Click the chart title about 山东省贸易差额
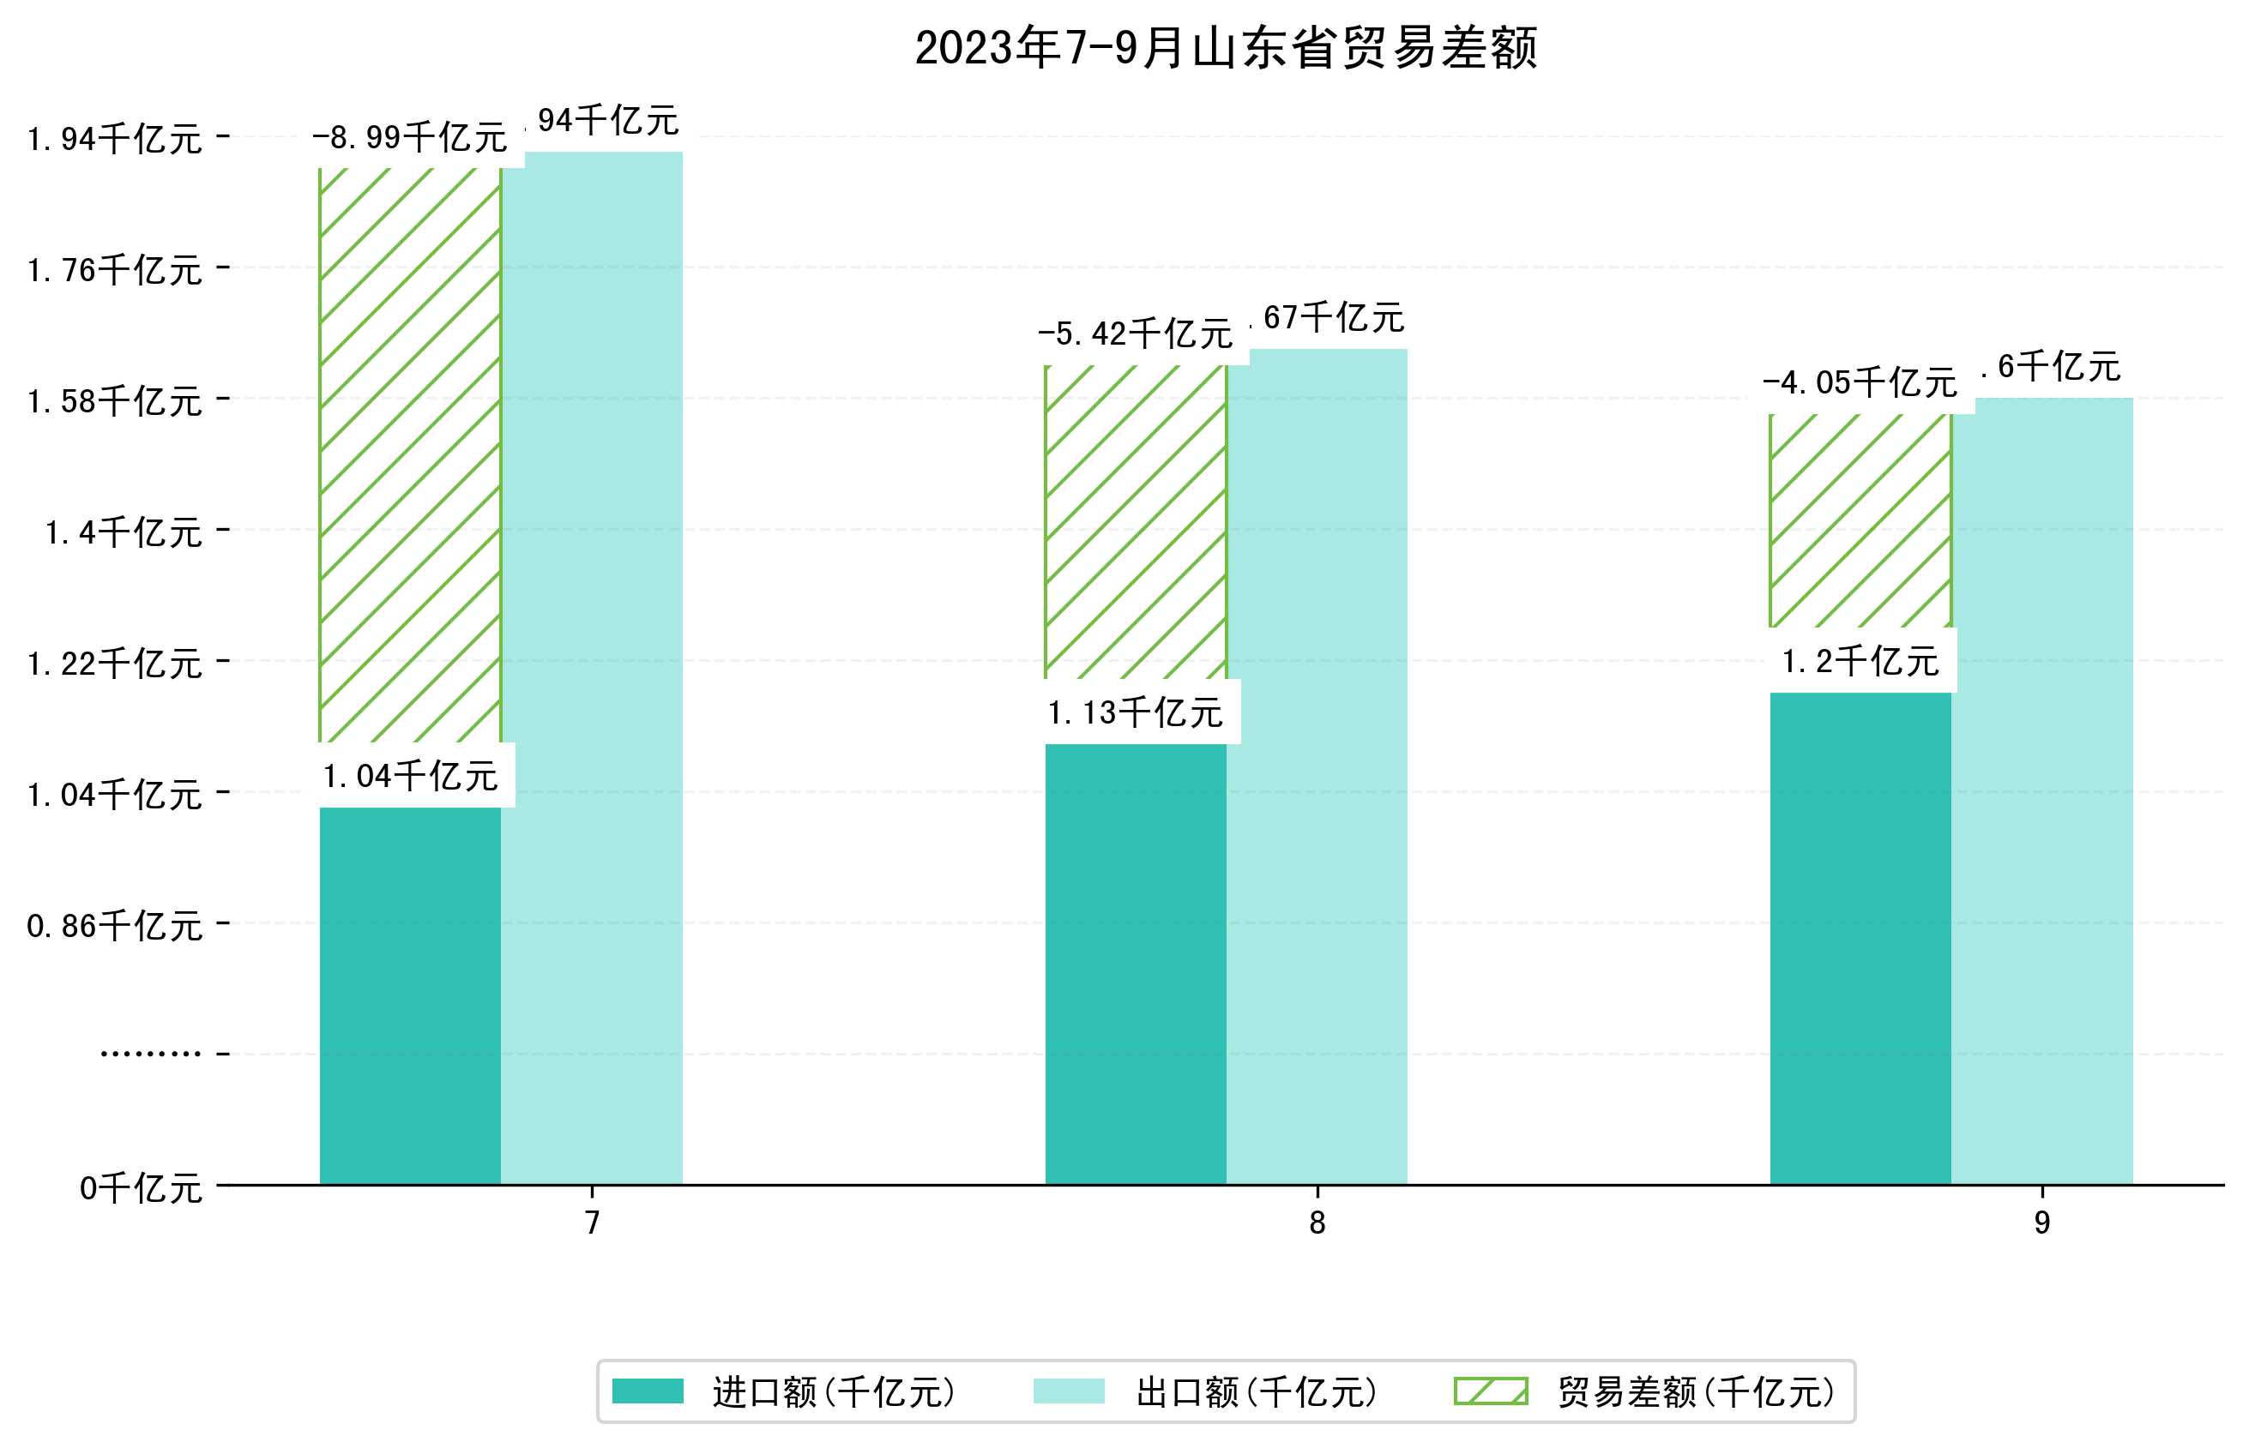[x=1226, y=49]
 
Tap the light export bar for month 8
[x=1317, y=766]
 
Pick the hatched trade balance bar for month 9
[x=1860, y=520]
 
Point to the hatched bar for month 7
[x=410, y=455]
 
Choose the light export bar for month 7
[x=592, y=668]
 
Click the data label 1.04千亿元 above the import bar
[x=410, y=777]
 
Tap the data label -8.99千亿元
[x=410, y=138]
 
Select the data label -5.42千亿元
[x=1136, y=334]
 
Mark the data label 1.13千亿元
[x=1136, y=712]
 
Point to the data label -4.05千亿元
[x=1860, y=383]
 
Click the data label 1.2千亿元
[x=1860, y=662]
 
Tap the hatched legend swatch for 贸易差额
[x=1491, y=1391]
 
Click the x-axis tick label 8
[x=1317, y=1223]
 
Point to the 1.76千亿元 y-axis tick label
[x=115, y=271]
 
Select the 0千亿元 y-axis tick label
[x=141, y=1188]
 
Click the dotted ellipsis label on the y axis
[x=150, y=1054]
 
